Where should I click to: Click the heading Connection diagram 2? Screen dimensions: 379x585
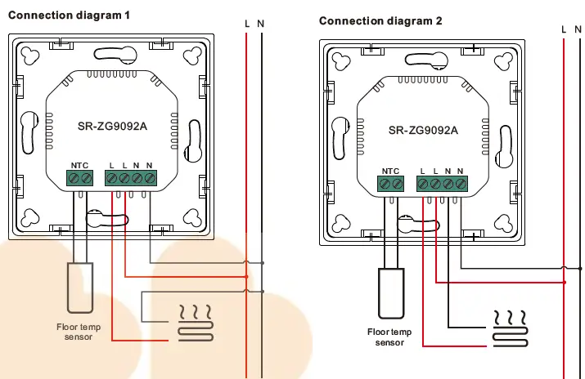click(380, 21)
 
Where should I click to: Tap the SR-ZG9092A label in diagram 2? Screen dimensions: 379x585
click(423, 130)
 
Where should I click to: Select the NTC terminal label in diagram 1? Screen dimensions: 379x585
click(80, 165)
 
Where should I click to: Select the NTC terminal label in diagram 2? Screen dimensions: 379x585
click(390, 171)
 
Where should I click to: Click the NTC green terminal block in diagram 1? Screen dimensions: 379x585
click(80, 177)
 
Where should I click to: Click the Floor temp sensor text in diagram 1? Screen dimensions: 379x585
click(79, 332)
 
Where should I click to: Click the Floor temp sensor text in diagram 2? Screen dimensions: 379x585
click(389, 337)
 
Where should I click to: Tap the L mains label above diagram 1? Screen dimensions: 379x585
click(247, 24)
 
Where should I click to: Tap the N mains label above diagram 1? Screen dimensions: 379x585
click(260, 24)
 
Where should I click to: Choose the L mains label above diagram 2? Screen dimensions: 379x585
click(564, 29)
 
